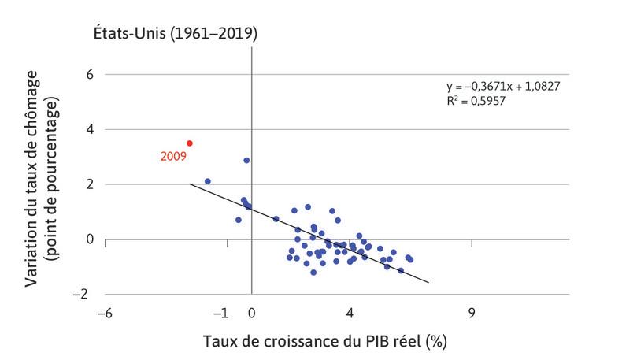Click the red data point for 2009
[x=190, y=143]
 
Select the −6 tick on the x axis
[x=103, y=312]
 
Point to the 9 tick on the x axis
[x=472, y=312]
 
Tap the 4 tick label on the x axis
[x=350, y=312]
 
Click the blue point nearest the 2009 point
[x=208, y=181]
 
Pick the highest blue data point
[x=246, y=160]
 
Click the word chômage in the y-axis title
[x=32, y=135]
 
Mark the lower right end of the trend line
[x=428, y=282]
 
